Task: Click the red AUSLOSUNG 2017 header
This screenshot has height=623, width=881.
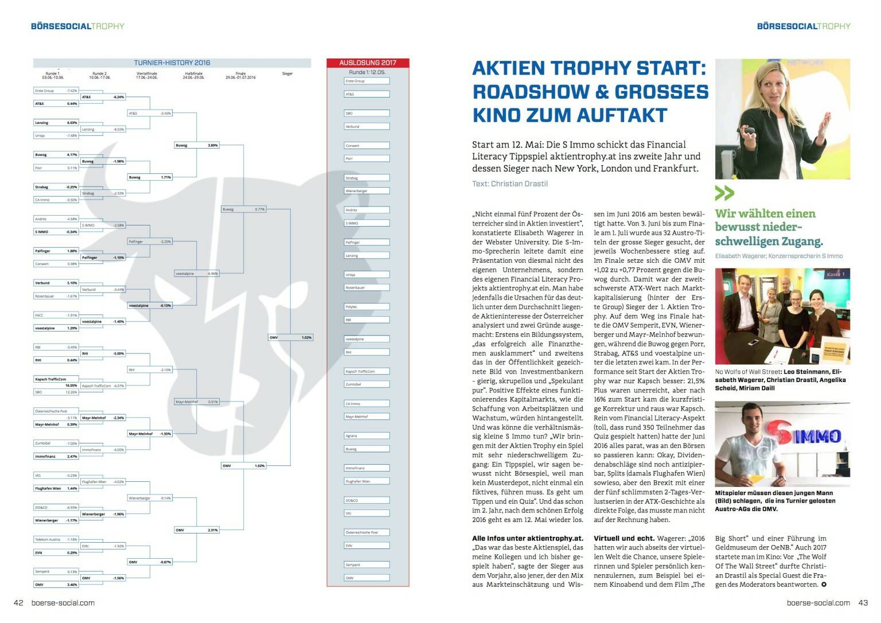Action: [368, 63]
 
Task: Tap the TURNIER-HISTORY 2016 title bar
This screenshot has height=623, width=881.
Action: [172, 63]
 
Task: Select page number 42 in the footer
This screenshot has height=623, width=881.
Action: [18, 602]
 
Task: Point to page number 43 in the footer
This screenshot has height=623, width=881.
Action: [863, 602]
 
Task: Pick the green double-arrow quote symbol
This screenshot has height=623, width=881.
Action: [724, 193]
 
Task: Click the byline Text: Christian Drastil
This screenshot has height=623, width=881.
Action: [510, 184]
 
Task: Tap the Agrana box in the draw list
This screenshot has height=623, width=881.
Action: [367, 436]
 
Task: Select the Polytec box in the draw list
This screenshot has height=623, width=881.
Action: [367, 307]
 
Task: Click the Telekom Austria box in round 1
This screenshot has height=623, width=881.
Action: [56, 540]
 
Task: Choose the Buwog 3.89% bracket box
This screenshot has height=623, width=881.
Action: [196, 145]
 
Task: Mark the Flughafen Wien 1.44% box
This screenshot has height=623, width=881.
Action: [56, 489]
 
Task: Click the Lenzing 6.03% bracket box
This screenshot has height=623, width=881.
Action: [56, 123]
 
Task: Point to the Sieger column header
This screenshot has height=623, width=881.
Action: [287, 73]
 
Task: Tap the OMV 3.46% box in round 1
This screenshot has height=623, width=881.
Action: [56, 585]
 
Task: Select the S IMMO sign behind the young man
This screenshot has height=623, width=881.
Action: [808, 437]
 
